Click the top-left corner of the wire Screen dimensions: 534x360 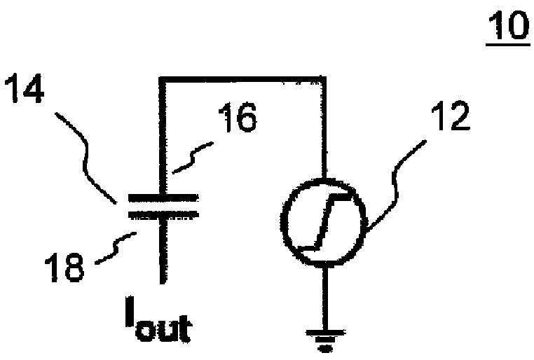coord(163,80)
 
